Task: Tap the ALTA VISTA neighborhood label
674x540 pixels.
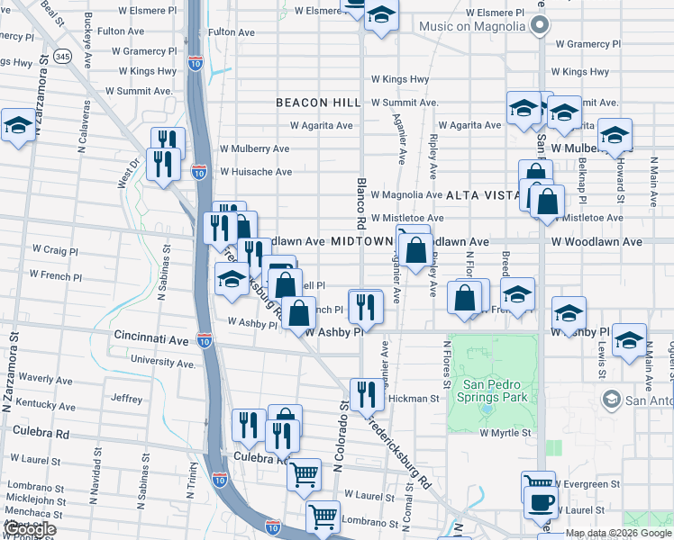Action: pyautogui.click(x=480, y=194)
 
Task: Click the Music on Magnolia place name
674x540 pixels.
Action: pyautogui.click(x=471, y=25)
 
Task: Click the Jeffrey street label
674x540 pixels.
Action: pyautogui.click(x=126, y=399)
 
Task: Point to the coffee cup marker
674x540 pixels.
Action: pyautogui.click(x=541, y=504)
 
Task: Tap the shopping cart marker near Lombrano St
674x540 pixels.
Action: pyautogui.click(x=322, y=517)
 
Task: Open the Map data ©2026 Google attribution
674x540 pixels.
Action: pyautogui.click(x=618, y=534)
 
